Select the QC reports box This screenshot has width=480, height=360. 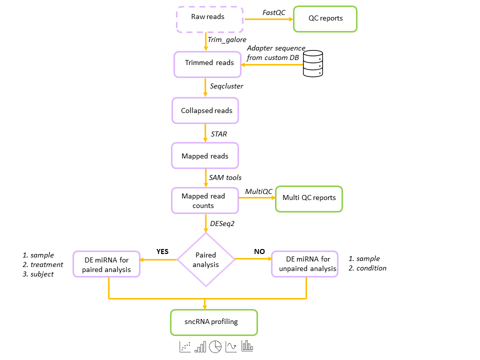coord(325,19)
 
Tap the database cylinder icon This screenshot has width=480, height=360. coord(313,63)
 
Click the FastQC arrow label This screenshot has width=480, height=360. coord(273,12)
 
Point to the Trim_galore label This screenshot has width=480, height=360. coord(227,39)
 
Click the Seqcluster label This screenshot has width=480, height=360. coord(226,86)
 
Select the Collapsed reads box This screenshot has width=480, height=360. coord(205,110)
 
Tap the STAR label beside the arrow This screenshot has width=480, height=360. coord(219,134)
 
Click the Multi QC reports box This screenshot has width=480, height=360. coord(309,198)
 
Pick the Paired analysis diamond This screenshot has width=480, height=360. coord(206,259)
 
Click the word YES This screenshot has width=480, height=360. coord(163,251)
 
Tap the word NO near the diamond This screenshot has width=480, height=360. coord(259,251)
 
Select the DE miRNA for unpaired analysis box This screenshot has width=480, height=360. coord(305,263)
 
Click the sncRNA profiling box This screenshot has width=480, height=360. coord(214,322)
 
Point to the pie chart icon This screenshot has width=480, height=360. coord(215,346)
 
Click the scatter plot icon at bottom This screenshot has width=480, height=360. coord(185,346)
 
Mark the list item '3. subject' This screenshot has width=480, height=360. coord(38,274)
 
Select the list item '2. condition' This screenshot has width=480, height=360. coord(367,268)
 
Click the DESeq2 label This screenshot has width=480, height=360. coord(222,224)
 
